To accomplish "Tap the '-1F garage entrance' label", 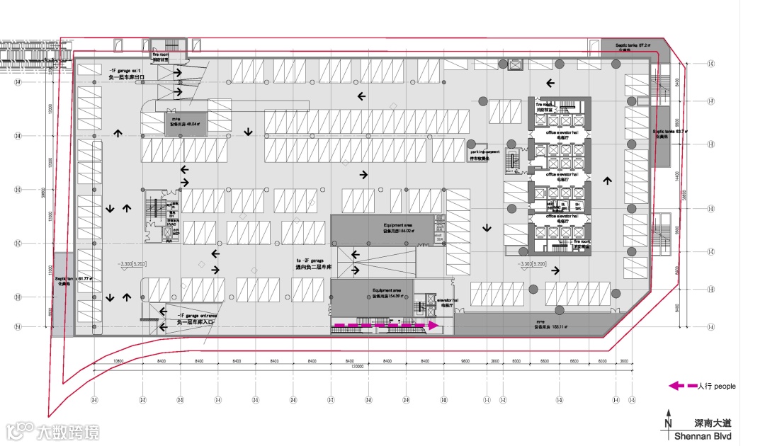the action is coord(193,316).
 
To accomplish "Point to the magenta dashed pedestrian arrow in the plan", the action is coord(386,325).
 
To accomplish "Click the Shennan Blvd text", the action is coord(702,436).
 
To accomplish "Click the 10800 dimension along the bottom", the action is coord(118,362).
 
